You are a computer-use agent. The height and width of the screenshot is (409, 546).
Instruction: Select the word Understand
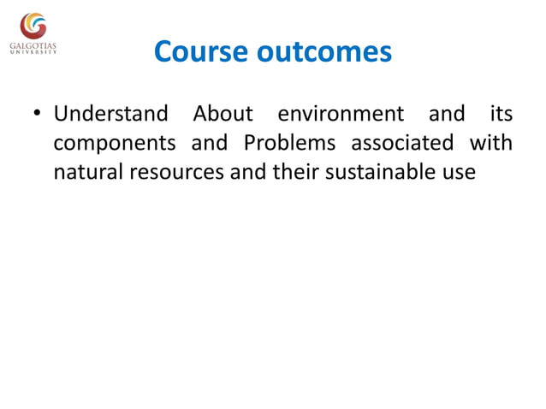point(110,114)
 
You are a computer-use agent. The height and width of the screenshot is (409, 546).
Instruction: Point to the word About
point(223,114)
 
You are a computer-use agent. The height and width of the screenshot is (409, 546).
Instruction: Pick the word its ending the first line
point(500,114)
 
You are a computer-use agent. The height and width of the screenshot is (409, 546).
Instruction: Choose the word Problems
point(288,143)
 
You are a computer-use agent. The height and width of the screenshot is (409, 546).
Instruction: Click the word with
point(491,143)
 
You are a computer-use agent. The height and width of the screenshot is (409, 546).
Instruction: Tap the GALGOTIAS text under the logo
point(34,45)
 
